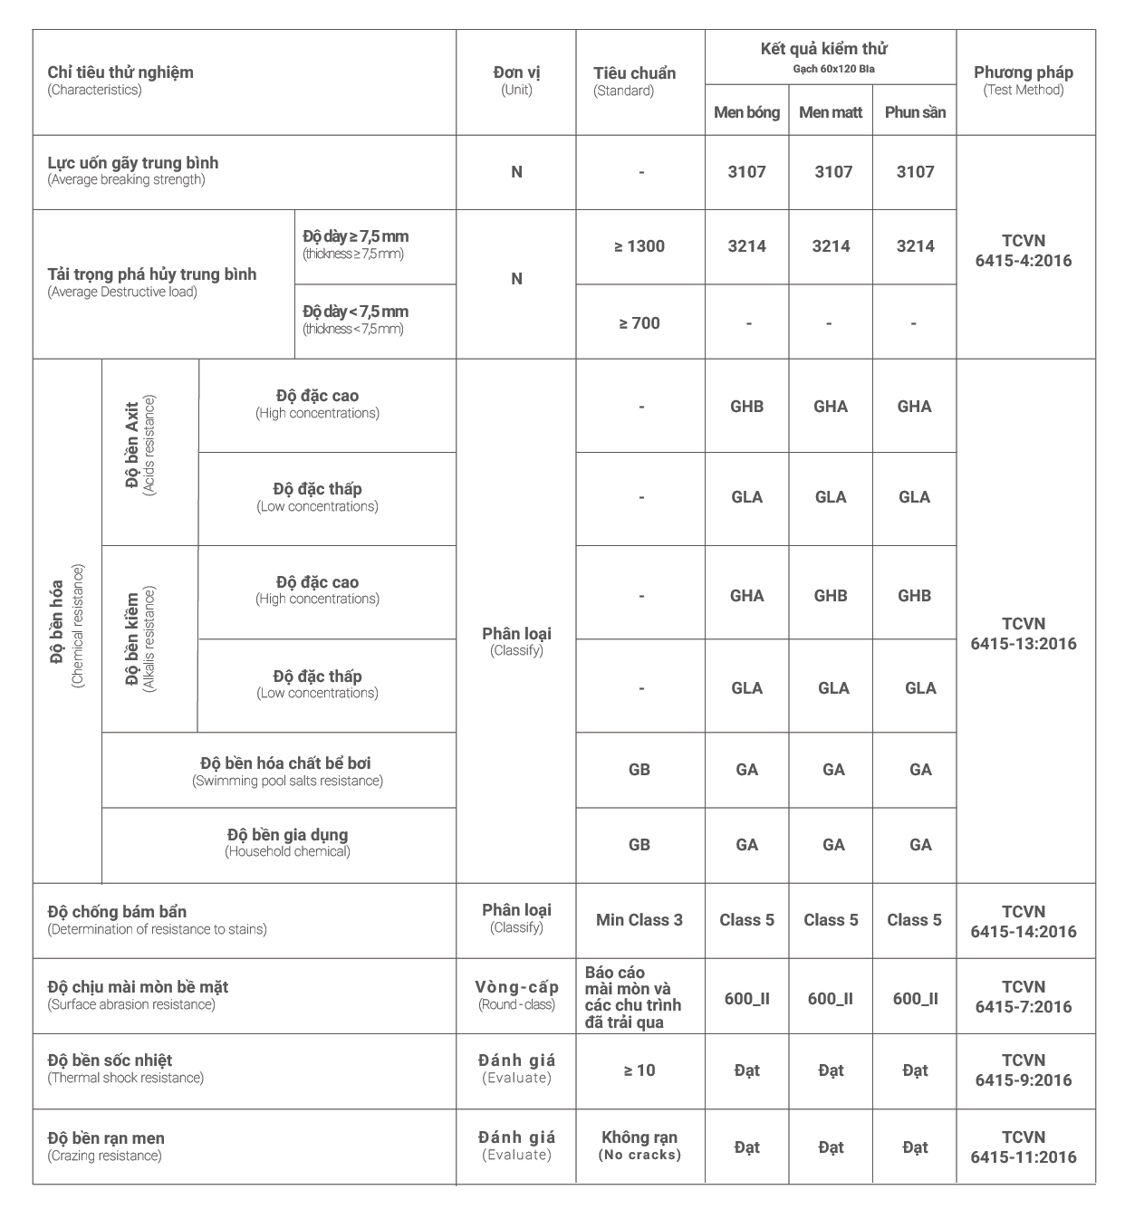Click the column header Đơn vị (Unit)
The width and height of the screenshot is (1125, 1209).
(x=516, y=81)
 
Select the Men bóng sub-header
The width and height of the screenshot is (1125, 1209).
(x=746, y=112)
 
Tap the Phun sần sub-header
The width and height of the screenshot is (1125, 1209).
(x=915, y=112)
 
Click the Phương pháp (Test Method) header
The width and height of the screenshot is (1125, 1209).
(x=1024, y=80)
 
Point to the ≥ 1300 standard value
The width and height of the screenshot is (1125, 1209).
(x=639, y=246)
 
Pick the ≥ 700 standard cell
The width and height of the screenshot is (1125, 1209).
(x=639, y=323)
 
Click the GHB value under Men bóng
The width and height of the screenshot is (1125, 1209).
(x=746, y=407)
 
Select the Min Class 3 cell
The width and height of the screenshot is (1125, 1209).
(x=639, y=920)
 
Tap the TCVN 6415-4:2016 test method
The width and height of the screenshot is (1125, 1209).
(x=1024, y=251)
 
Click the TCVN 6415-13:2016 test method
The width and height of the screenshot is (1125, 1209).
(x=1024, y=634)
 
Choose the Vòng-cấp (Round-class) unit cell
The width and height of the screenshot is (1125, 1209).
(x=516, y=994)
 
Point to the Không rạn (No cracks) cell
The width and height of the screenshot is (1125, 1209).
(x=639, y=1146)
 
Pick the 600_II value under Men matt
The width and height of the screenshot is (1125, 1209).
(x=831, y=999)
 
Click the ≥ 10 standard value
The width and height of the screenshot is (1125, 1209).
(x=639, y=1070)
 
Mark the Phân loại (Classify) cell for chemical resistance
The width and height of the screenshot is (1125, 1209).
(x=516, y=640)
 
